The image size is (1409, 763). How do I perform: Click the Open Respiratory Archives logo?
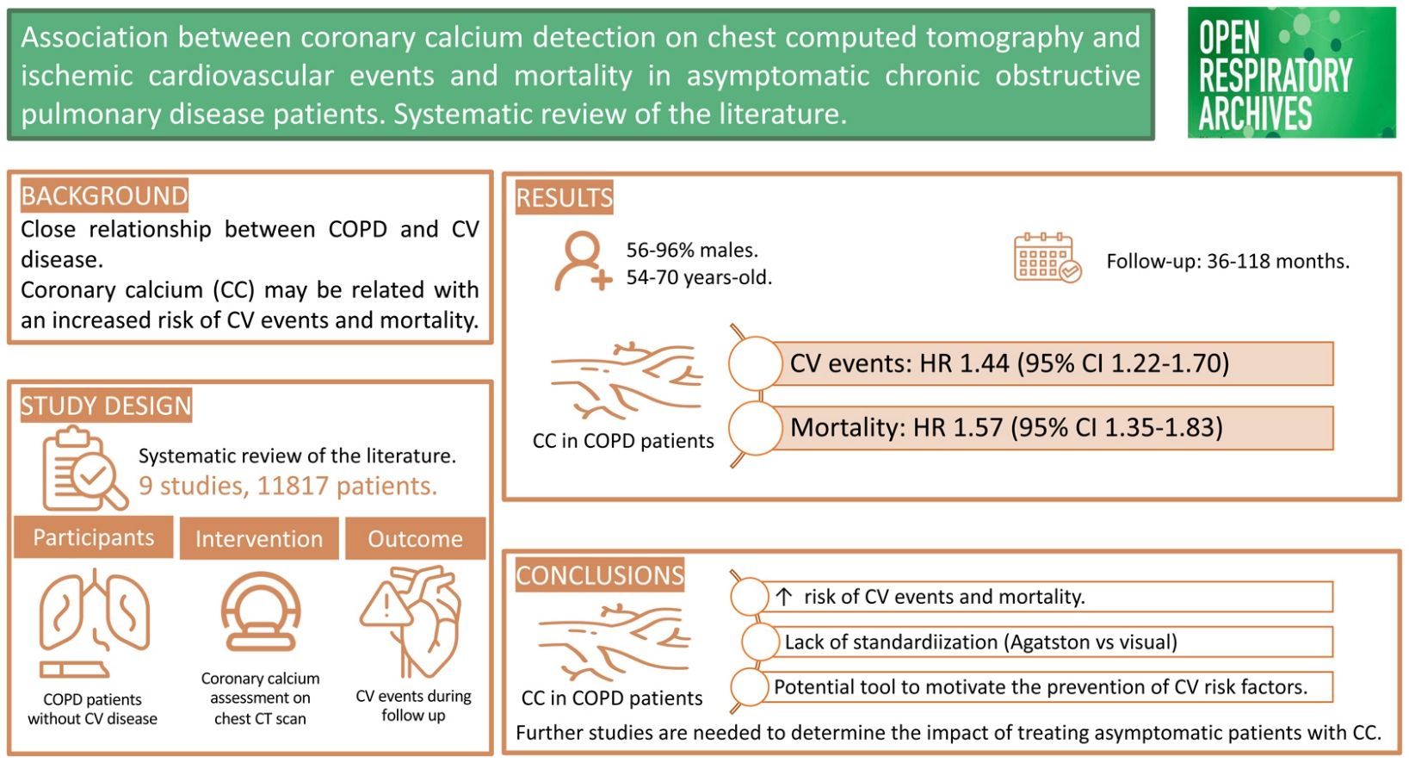click(1291, 72)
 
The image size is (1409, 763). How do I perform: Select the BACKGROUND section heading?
click(104, 196)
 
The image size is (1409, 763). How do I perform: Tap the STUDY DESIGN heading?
click(106, 406)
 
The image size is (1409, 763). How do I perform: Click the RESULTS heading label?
click(565, 198)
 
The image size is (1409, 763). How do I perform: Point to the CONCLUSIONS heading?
click(600, 575)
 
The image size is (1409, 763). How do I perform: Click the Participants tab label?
click(94, 537)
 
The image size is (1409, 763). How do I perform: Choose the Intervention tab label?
click(259, 539)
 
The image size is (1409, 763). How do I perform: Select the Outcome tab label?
click(416, 539)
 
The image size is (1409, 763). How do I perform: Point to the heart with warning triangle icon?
click(412, 620)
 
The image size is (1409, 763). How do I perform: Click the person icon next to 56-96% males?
click(583, 261)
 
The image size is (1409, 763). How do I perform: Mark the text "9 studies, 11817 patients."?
click(287, 487)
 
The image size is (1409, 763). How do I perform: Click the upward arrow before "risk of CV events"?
click(783, 596)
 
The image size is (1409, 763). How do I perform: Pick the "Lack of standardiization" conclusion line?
click(980, 642)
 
